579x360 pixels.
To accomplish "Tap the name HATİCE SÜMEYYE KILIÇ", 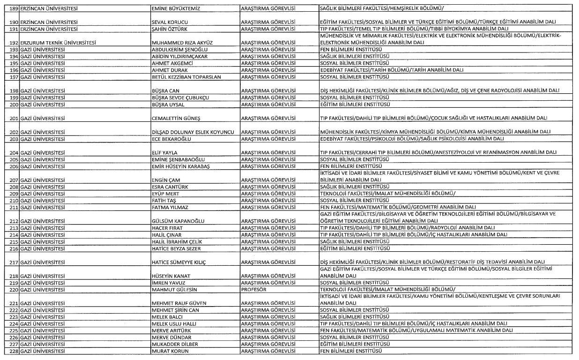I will click(x=178, y=262).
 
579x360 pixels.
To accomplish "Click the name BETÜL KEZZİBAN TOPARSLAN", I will click(x=186, y=77).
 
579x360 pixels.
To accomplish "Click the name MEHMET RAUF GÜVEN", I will click(x=178, y=303).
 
